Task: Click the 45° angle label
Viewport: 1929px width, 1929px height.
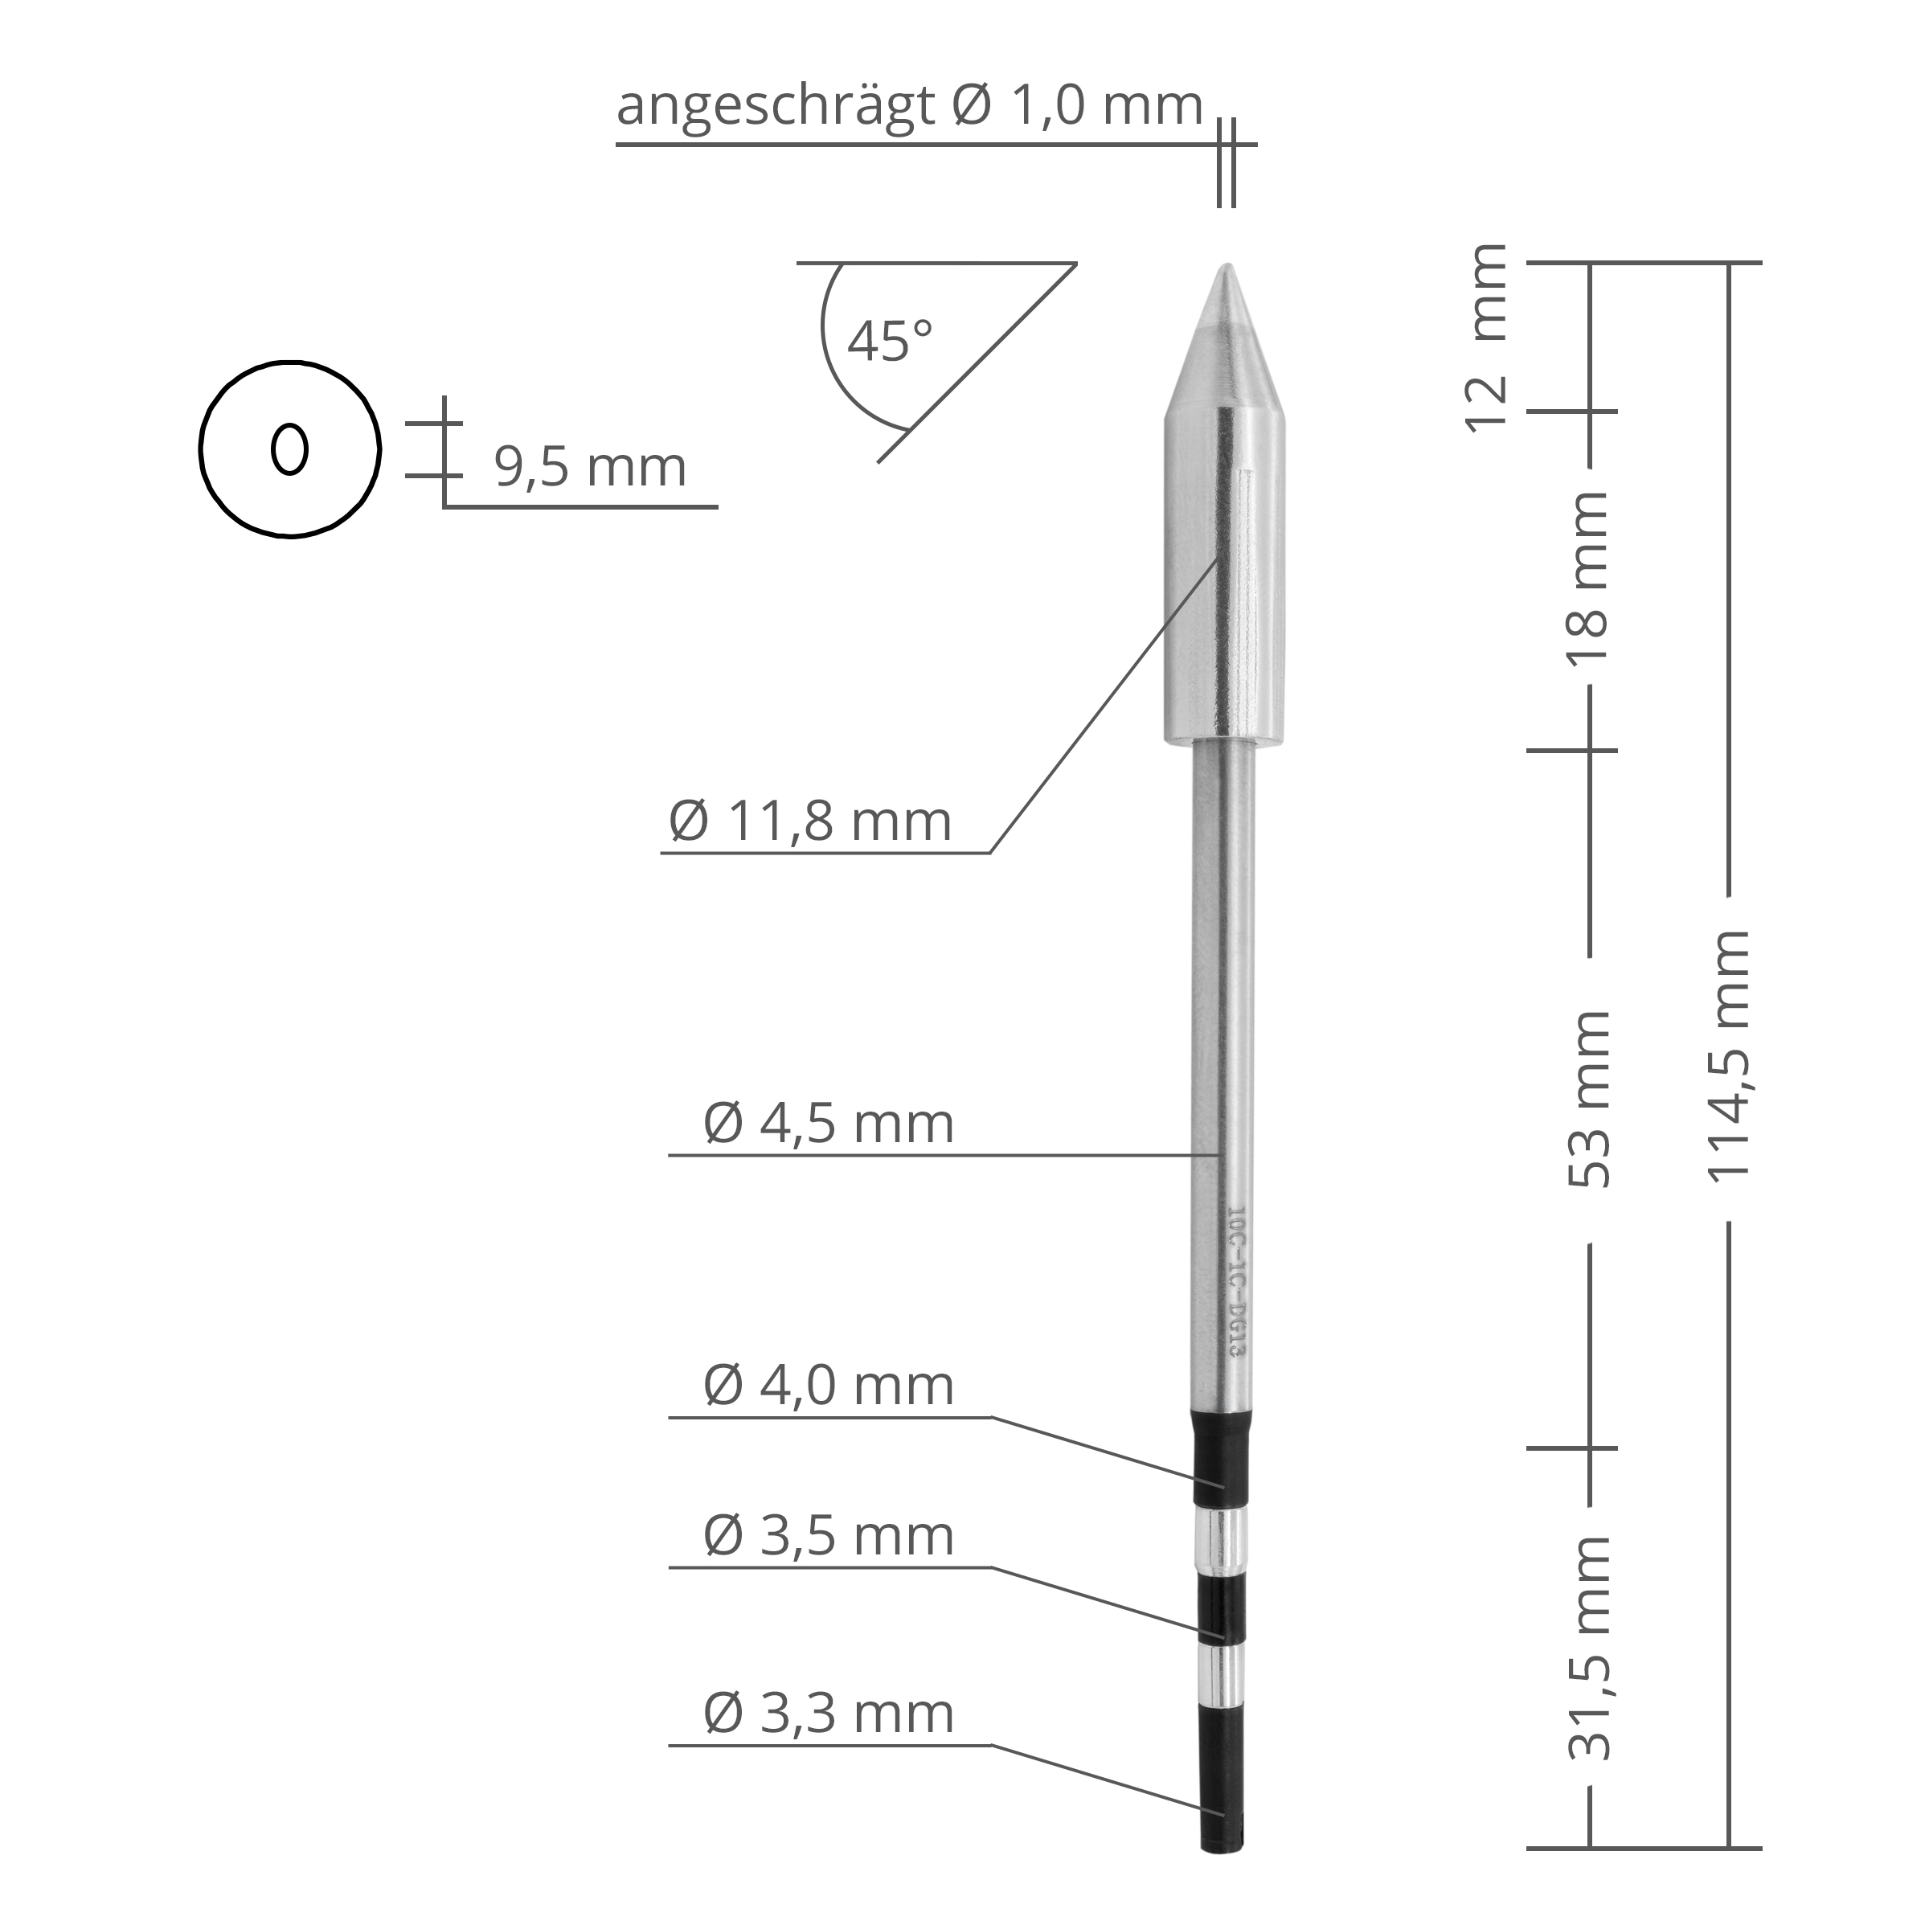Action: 890,341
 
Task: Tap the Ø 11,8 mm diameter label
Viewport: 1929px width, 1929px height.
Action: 809,821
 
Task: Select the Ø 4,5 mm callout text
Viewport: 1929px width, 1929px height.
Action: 829,1124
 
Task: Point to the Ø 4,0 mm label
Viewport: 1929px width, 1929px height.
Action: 829,1386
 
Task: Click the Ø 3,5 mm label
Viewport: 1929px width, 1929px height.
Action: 829,1536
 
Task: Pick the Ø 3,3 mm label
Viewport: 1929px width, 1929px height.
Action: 829,1714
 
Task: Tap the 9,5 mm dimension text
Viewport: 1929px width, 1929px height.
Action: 590,467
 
